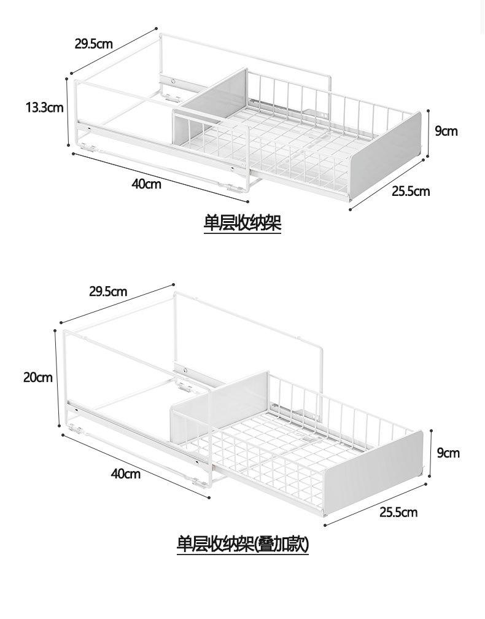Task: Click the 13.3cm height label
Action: pos(45,107)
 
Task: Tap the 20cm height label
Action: pos(38,378)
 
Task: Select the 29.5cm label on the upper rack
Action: pos(94,44)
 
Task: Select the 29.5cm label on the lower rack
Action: pos(108,292)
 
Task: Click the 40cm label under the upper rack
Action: pos(146,184)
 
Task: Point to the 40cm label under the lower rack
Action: pos(125,473)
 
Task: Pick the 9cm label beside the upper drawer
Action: pos(446,131)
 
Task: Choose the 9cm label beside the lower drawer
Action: pos(448,453)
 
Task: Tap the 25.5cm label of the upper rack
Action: pos(411,192)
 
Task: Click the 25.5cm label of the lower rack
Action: pos(398,512)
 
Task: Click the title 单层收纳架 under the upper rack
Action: pos(243,223)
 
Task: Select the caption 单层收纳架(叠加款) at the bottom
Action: pos(243,544)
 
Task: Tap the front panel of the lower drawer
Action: pos(373,473)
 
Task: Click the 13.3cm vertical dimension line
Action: pos(69,112)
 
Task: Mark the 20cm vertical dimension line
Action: pos(57,378)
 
